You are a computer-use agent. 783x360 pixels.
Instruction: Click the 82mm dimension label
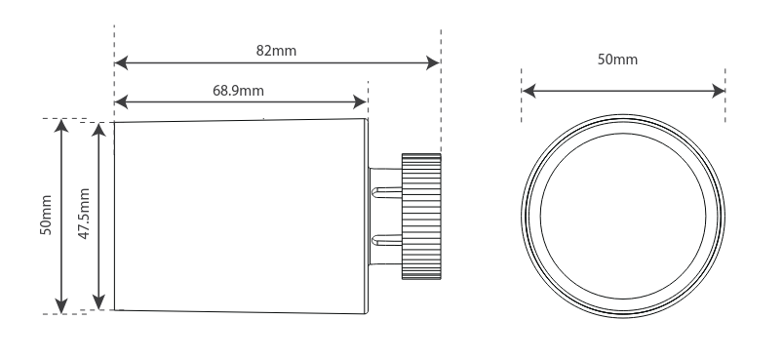pos(277,51)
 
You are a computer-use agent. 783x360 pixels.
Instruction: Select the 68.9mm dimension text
pos(239,90)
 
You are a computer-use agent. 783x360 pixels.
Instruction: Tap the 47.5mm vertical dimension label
pos(86,216)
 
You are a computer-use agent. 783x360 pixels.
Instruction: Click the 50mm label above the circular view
pos(617,60)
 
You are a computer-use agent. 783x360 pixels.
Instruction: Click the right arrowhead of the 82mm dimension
pos(434,64)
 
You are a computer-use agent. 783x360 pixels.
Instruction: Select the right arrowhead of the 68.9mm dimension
pos(362,100)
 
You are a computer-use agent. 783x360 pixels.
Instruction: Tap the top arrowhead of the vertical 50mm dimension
pos(62,127)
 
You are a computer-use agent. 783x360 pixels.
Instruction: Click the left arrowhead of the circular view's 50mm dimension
pos(529,92)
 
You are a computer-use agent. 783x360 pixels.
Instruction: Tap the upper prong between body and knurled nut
pos(385,190)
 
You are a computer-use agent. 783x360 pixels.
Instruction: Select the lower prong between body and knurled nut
pos(385,240)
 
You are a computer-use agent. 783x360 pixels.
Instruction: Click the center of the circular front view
pos(623,216)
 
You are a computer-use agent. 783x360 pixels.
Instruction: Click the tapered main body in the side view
pos(239,216)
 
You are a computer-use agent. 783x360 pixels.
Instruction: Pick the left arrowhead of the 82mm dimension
pos(122,64)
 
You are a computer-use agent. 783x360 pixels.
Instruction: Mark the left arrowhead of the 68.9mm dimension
pos(122,100)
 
